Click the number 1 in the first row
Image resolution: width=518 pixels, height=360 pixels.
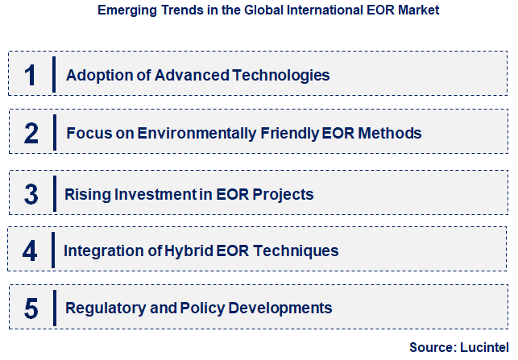click(31, 75)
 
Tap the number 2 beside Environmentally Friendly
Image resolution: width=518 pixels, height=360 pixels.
click(31, 133)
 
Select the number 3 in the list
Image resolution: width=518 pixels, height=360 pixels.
click(31, 194)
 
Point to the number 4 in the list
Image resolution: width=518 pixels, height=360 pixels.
click(30, 250)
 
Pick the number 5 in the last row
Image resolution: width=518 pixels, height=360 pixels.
click(31, 308)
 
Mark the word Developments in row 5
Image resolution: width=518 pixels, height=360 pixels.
click(282, 308)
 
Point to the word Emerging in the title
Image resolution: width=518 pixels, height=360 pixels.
click(122, 12)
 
